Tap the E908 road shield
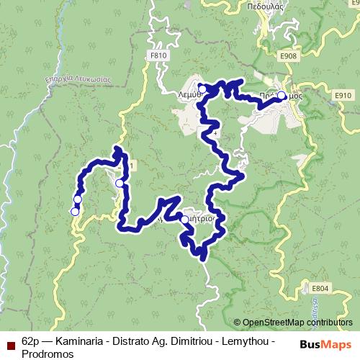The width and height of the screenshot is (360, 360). click(x=290, y=55)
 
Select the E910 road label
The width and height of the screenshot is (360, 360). click(x=341, y=94)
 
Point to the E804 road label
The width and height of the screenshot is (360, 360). click(x=320, y=288)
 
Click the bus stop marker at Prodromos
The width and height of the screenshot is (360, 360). click(x=281, y=94)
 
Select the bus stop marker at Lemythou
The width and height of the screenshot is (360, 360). click(x=203, y=89)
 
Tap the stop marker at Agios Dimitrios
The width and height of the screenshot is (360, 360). click(x=185, y=220)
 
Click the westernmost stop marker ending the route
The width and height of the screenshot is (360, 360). click(x=74, y=212)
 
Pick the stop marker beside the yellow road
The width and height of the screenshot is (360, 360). click(x=120, y=184)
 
